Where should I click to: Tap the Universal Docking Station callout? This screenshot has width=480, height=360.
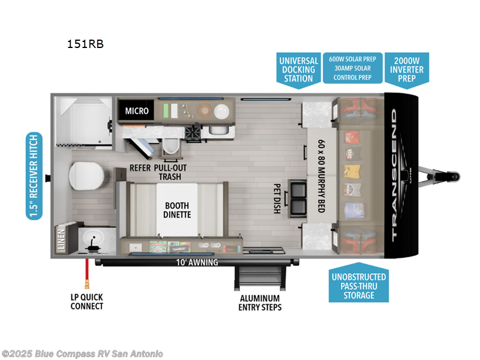[x=298, y=69]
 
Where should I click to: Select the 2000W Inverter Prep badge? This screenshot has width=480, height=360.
[x=409, y=69]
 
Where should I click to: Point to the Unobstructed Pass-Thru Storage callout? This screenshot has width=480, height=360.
[x=359, y=285]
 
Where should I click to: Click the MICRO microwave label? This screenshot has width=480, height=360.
[x=136, y=110]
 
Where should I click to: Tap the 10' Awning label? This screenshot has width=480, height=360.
[x=197, y=262]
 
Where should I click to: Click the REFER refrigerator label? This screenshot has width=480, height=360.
[x=141, y=169]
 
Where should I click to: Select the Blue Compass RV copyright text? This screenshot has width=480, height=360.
[x=83, y=354]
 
